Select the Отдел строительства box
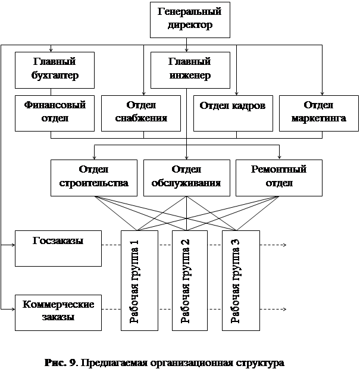tap(94, 177)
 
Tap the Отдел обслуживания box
tap(187, 177)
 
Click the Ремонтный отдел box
tap(279, 177)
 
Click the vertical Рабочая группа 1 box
tap(139, 280)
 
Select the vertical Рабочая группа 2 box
tap(189, 280)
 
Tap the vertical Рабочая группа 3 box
tap(239, 280)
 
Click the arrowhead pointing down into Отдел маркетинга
tap(322, 93)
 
